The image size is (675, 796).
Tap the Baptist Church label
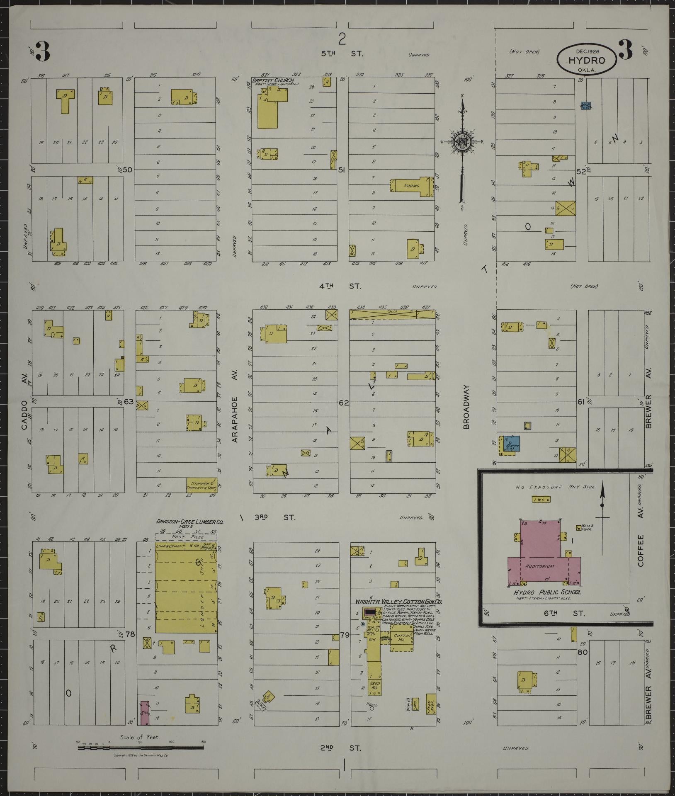273,80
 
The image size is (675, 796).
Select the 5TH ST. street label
342,54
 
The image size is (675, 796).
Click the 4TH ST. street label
340,286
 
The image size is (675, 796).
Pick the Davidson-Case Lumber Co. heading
189,522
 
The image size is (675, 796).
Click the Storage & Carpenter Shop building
202,485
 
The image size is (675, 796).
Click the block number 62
344,402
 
